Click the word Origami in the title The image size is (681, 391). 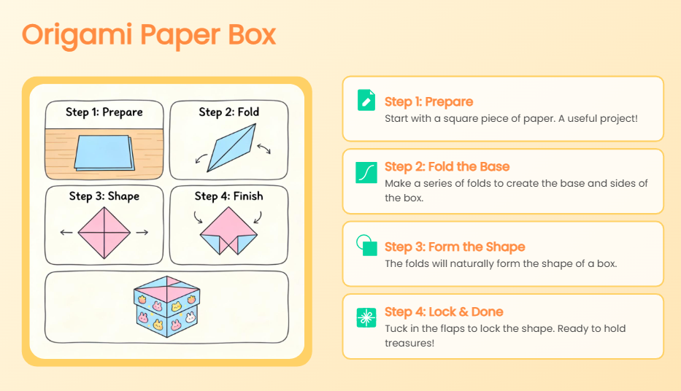point(77,36)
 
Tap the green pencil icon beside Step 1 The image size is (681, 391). point(366,100)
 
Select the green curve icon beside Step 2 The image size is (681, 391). point(366,173)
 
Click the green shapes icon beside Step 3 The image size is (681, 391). point(366,245)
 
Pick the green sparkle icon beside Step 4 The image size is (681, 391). point(366,317)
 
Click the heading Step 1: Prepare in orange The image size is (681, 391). point(428,101)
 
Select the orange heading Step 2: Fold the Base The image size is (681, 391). point(447,166)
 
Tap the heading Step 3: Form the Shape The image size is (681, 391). point(455,247)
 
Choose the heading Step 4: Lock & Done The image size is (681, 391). point(444,312)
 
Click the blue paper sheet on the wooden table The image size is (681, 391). point(104,152)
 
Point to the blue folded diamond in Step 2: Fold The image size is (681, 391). point(232,147)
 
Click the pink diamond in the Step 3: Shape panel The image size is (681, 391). point(104,233)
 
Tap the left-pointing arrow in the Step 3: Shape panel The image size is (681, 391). point(66,233)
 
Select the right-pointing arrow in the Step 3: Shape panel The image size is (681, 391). point(142,233)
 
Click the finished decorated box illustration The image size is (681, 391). point(166,307)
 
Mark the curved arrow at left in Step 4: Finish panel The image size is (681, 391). point(198,217)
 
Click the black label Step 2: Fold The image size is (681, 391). point(229,112)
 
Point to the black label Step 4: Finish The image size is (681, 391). point(229,196)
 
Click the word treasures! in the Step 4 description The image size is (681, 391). point(409,344)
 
